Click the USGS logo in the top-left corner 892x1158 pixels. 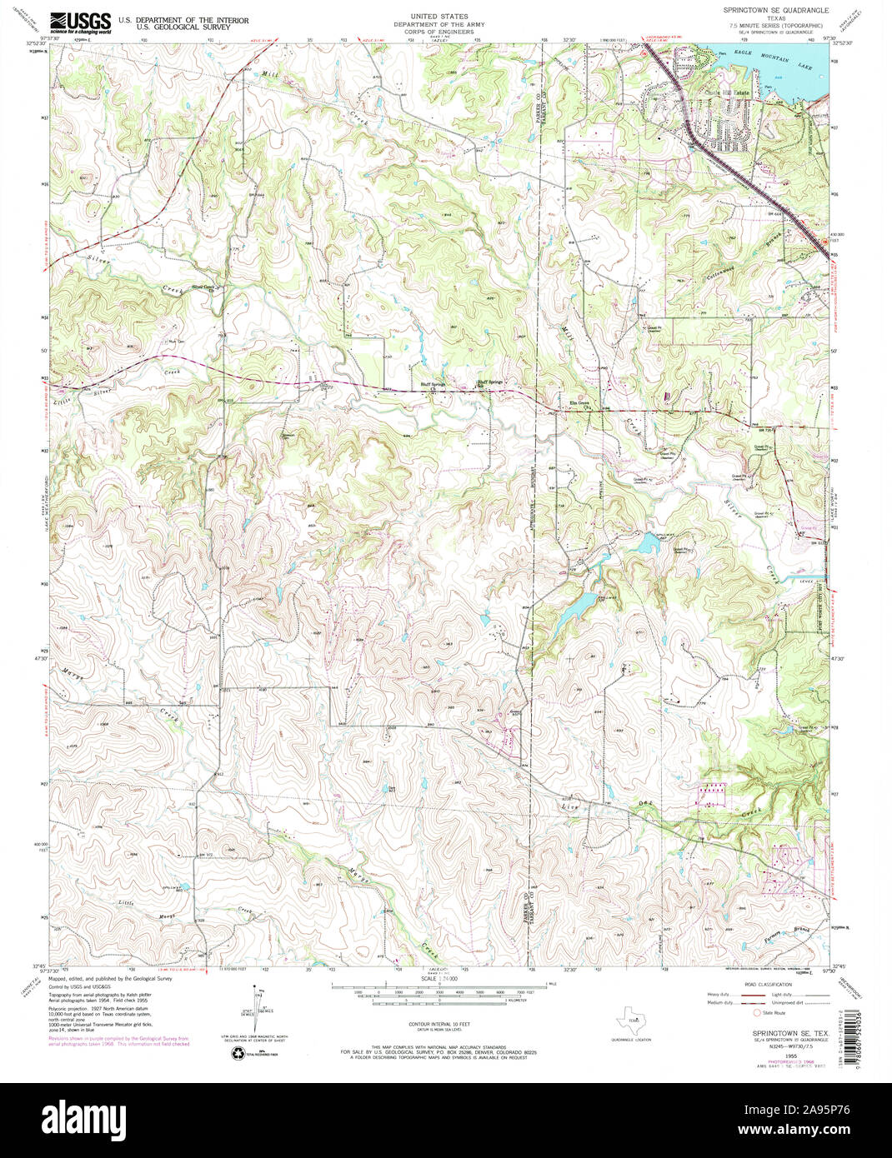81,22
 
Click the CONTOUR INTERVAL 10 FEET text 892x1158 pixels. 445,1022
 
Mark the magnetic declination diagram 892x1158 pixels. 254,1007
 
